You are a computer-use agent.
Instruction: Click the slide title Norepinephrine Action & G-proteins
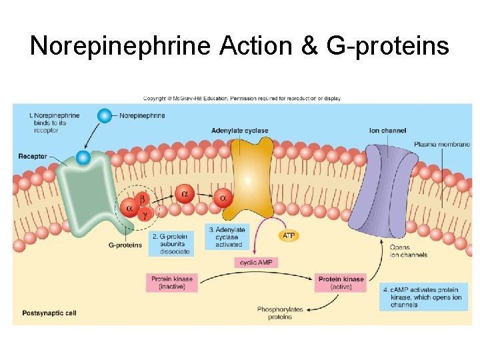(x=239, y=45)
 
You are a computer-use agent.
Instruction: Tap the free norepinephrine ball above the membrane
(x=104, y=115)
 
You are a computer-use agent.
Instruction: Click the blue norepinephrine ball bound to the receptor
(x=83, y=157)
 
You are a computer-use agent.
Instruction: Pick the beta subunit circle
(x=142, y=199)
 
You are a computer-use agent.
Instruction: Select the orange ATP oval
(x=289, y=236)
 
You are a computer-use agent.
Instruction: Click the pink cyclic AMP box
(x=257, y=262)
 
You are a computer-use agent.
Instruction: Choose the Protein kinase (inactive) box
(x=173, y=283)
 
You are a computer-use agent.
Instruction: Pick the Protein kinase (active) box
(x=341, y=283)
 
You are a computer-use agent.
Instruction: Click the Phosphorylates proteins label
(x=279, y=313)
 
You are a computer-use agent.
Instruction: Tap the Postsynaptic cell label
(x=49, y=312)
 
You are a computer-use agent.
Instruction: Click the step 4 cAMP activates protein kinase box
(x=423, y=297)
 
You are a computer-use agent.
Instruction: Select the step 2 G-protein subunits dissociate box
(x=170, y=243)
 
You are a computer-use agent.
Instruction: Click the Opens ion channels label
(x=409, y=251)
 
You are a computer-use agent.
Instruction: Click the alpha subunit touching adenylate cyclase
(x=223, y=197)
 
